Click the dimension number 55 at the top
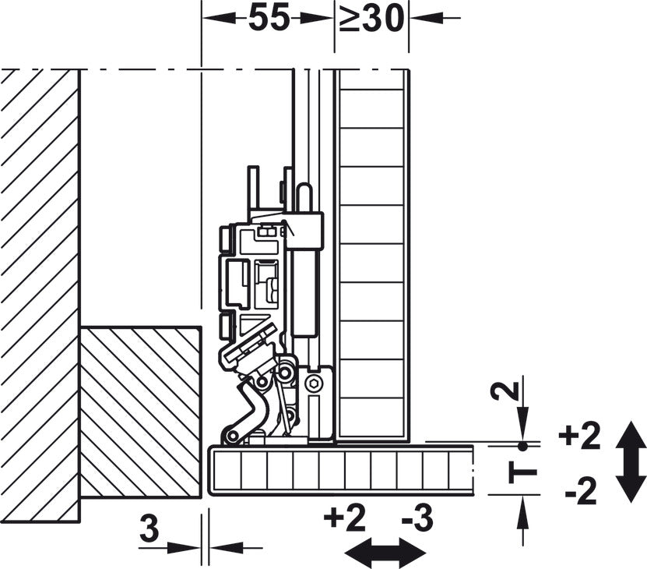click(x=269, y=18)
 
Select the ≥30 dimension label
click(x=371, y=18)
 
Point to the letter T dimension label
click(x=522, y=471)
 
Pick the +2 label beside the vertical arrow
click(x=578, y=436)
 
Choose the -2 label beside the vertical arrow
click(x=582, y=490)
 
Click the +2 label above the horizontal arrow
click(x=345, y=518)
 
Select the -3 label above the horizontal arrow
click(x=417, y=518)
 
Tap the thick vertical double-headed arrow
click(x=630, y=461)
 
